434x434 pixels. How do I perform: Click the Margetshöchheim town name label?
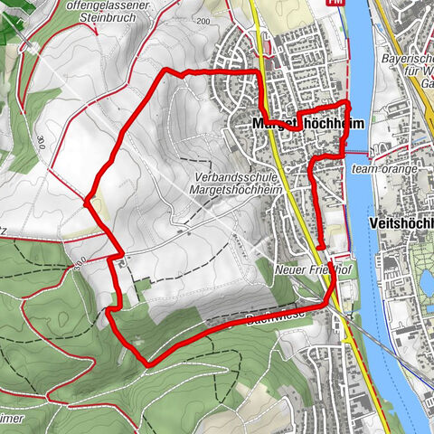299,122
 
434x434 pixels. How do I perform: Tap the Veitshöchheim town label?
401,222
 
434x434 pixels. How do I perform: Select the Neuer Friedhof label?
301,269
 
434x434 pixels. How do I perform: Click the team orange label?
385,169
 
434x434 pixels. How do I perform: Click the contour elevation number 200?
201,20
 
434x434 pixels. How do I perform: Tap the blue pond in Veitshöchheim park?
426,286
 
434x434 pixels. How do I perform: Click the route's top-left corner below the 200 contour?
165,72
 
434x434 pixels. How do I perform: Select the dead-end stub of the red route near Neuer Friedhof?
321,246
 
